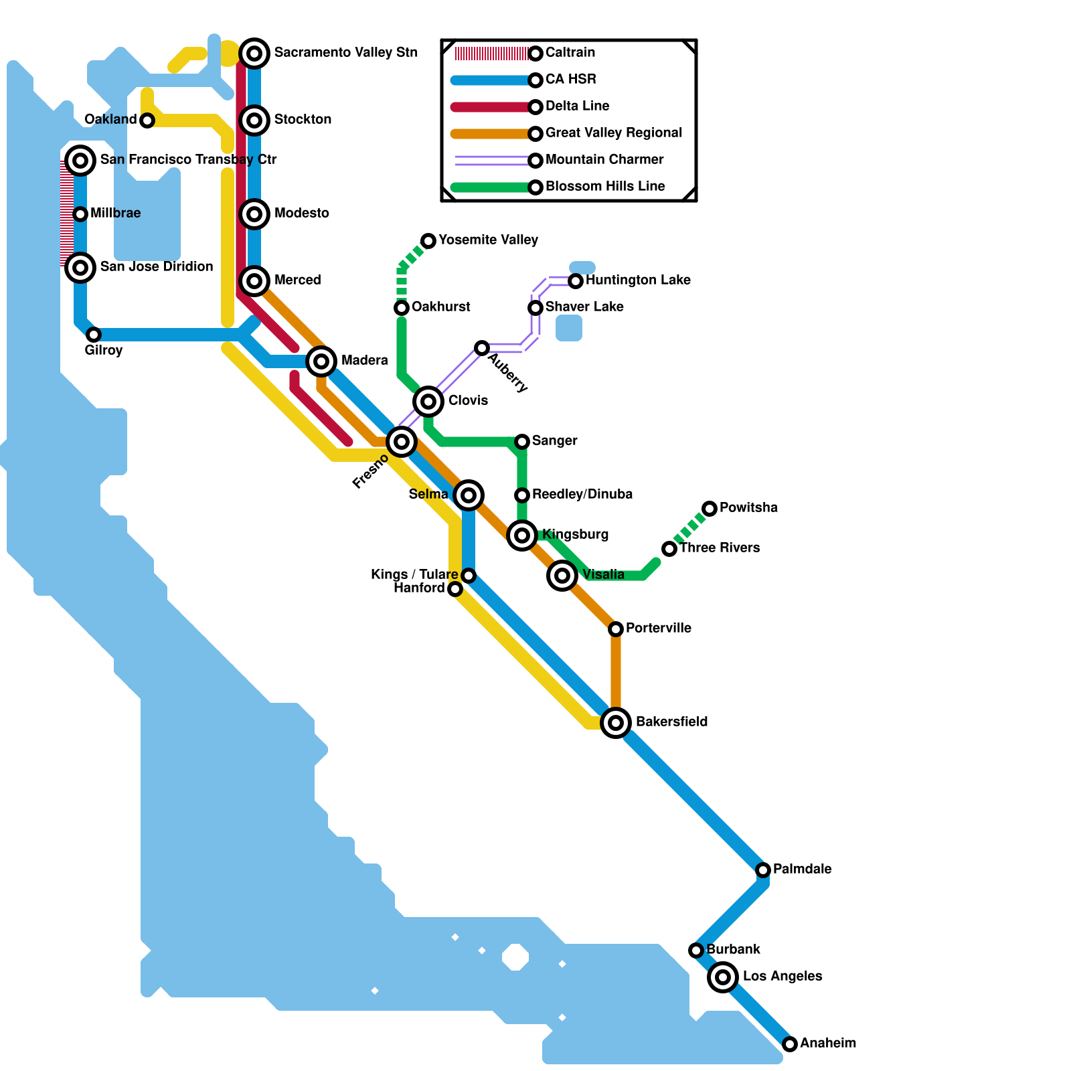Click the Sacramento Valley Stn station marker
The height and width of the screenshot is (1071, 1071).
[x=254, y=53]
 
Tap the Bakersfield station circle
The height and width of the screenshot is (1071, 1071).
[x=616, y=723]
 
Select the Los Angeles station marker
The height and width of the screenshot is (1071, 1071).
[x=723, y=977]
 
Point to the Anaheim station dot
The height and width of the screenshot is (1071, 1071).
[x=790, y=1044]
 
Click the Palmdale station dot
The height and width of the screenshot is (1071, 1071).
[x=763, y=870]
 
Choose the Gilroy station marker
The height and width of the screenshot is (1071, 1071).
[x=94, y=335]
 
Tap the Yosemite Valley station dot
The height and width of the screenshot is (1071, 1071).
[x=428, y=241]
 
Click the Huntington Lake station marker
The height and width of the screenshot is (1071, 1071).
[x=576, y=281]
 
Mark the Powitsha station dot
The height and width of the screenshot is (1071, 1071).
[x=710, y=509]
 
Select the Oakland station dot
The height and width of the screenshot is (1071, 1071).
[x=147, y=120]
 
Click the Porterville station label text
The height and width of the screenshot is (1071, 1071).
[x=658, y=629]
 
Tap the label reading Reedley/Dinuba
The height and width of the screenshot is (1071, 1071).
[x=582, y=495]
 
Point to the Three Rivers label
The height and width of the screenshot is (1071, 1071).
[x=720, y=548]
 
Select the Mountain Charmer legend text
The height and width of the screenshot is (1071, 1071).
[x=604, y=160]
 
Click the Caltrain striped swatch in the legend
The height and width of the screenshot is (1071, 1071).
[x=492, y=54]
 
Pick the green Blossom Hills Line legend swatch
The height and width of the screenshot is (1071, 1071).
[x=492, y=187]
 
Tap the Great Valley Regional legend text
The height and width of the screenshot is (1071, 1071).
[x=613, y=133]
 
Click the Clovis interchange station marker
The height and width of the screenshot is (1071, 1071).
[x=428, y=402]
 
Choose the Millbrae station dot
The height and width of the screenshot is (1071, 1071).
[x=80, y=214]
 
